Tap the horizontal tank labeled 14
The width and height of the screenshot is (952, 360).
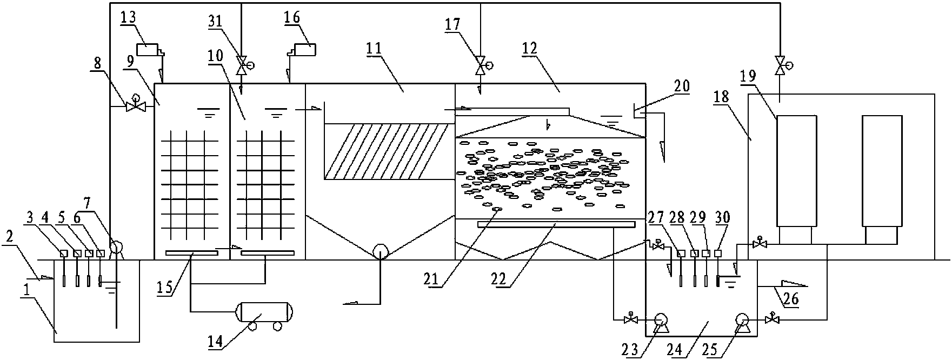coord(263,312)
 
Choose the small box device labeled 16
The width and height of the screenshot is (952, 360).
coord(304,49)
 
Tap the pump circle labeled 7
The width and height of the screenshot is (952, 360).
coord(117,248)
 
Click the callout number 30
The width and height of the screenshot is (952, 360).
coord(722,218)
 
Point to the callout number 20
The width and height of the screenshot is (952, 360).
coord(680,86)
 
